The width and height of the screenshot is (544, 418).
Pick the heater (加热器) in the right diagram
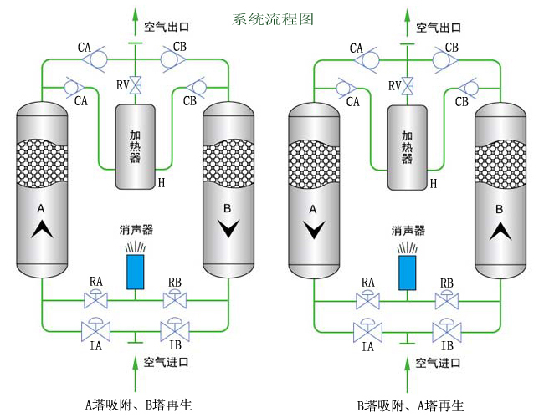pyautogui.click(x=408, y=145)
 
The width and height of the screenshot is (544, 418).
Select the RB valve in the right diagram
pyautogui.click(x=447, y=299)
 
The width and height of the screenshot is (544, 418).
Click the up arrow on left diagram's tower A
pyautogui.click(x=39, y=231)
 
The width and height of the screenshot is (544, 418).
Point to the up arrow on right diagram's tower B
pyautogui.click(x=500, y=231)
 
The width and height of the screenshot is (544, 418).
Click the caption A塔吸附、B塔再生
pyautogui.click(x=139, y=405)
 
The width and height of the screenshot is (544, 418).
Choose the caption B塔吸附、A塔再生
pyautogui.click(x=411, y=405)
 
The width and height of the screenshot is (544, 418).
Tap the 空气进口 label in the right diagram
pyautogui.click(x=440, y=362)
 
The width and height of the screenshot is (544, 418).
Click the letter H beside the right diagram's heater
pyautogui.click(x=433, y=182)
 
